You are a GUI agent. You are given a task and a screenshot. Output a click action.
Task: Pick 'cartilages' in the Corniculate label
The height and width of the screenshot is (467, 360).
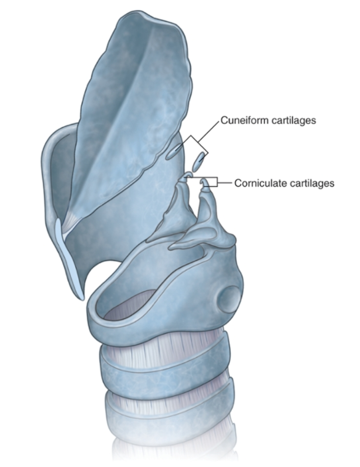pos(309,183)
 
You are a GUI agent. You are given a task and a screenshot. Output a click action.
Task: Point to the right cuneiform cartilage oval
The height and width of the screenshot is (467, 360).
pos(199,162)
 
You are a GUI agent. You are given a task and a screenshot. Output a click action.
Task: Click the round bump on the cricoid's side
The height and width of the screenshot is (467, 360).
pos(227,299)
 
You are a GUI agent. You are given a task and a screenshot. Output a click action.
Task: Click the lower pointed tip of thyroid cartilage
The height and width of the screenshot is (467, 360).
pos(82,297)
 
